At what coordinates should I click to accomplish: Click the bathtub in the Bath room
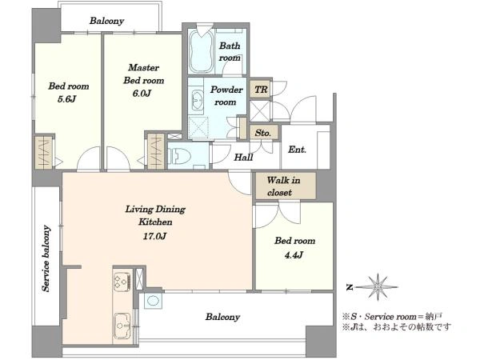coord(201,51)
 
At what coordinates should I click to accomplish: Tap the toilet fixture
coord(179,156)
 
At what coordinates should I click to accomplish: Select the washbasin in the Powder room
coord(196,99)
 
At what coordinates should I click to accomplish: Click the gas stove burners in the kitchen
coord(122,282)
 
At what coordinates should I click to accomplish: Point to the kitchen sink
coord(123,326)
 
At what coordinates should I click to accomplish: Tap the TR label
coord(261,90)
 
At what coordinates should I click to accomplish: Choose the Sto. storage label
coord(263,133)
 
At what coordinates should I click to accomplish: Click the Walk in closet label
coord(283,186)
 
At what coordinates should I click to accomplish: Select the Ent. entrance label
coord(297,150)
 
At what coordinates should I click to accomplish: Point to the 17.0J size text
coord(154,236)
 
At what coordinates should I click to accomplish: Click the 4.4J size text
coord(294,254)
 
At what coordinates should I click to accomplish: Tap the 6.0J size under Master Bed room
coord(142,93)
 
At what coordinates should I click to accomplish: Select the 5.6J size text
coord(66,99)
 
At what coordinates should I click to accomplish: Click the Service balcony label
coord(46,258)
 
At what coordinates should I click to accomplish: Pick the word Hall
coord(243,158)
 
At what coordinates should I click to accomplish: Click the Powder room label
coord(226,95)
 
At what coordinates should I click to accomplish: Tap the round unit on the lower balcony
coord(153,301)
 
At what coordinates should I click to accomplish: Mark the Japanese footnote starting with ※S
coord(393,316)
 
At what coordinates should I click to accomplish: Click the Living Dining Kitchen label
coord(155,215)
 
